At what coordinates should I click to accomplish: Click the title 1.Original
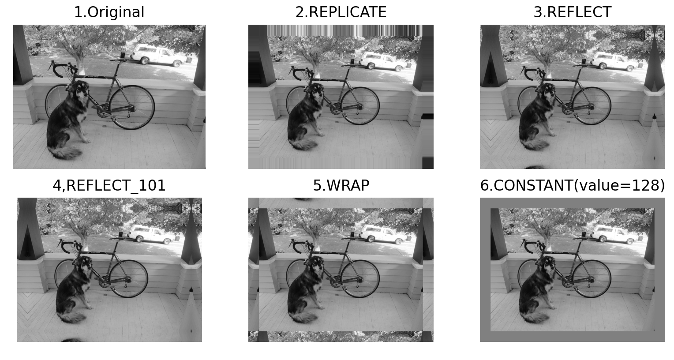[x=109, y=12]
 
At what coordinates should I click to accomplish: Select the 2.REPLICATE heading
[x=341, y=12]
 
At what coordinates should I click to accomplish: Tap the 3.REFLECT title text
[x=572, y=12]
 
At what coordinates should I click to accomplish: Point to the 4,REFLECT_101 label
[x=109, y=185]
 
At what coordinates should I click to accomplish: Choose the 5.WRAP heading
[x=341, y=185]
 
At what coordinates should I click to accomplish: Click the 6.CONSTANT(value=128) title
[x=572, y=185]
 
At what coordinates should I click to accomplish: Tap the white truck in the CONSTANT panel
[x=614, y=233]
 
